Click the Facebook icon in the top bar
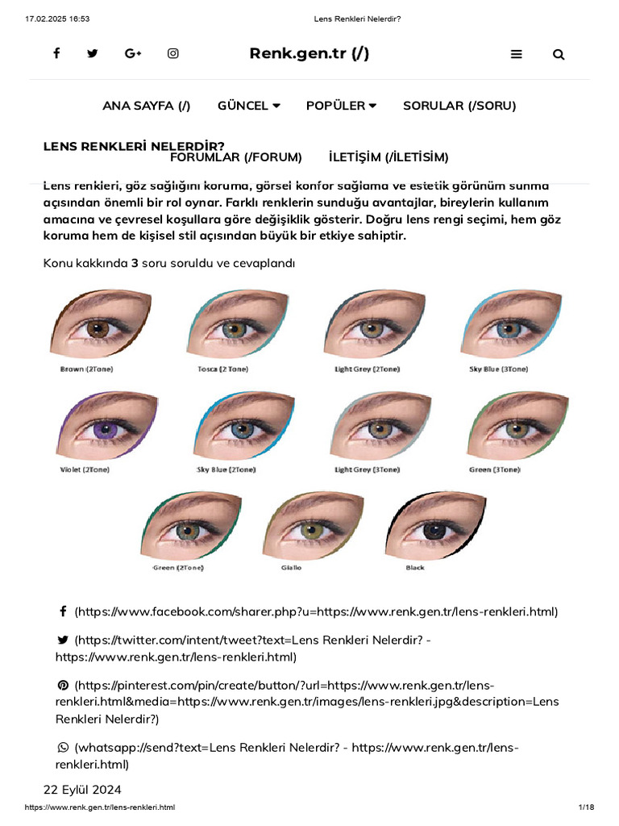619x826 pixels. click(56, 53)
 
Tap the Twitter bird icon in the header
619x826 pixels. click(92, 53)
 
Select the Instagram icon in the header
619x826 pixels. click(172, 53)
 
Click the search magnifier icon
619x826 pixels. click(559, 55)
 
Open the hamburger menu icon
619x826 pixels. click(517, 54)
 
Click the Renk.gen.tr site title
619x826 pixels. click(309, 53)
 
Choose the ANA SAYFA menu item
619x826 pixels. click(147, 106)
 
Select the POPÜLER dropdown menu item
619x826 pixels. click(341, 106)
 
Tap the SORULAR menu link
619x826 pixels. click(459, 106)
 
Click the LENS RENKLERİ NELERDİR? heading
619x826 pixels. click(134, 146)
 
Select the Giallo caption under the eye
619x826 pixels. click(292, 568)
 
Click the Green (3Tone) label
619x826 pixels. click(494, 469)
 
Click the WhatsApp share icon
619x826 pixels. click(63, 748)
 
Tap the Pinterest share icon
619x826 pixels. click(63, 685)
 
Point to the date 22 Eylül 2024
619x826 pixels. click(82, 789)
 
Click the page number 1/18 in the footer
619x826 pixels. click(586, 807)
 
